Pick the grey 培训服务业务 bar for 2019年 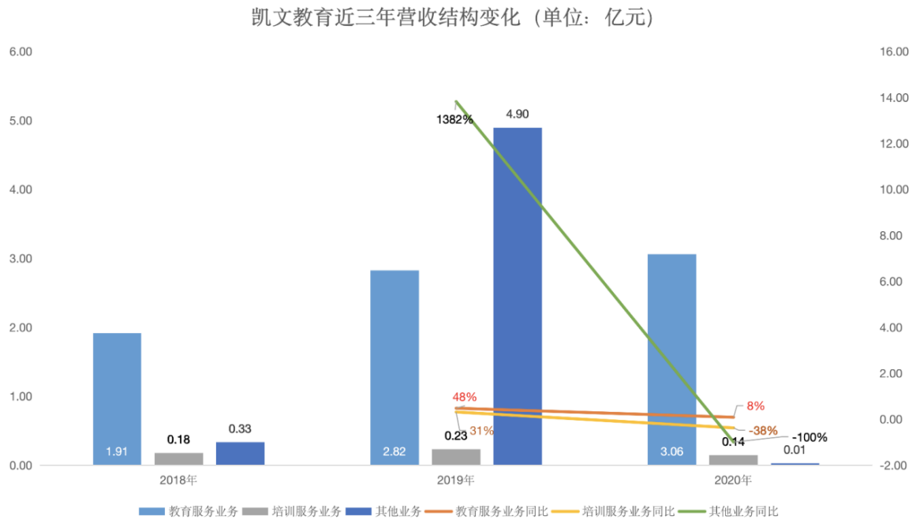456,457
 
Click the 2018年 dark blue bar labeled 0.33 240,453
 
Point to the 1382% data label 454,120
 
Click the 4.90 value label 518,114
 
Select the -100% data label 809,437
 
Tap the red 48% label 465,397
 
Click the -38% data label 763,431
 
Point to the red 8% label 755,406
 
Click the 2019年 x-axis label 457,479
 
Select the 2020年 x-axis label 734,479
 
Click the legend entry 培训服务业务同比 620,511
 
